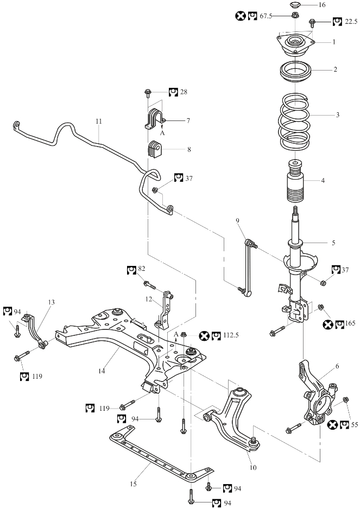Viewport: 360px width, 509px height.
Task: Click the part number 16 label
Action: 322,5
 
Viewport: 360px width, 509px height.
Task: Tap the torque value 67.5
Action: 266,16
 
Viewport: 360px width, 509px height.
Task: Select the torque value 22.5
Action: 351,22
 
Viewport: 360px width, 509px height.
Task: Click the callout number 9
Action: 237,220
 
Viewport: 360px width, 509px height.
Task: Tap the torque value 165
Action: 351,325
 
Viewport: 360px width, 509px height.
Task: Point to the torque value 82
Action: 141,269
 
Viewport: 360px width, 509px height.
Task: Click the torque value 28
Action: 183,92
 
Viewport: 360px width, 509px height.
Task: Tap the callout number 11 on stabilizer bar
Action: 98,122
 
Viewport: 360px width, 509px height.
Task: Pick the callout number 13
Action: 50,302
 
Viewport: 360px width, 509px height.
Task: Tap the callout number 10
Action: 251,467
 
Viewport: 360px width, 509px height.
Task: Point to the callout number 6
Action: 337,367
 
